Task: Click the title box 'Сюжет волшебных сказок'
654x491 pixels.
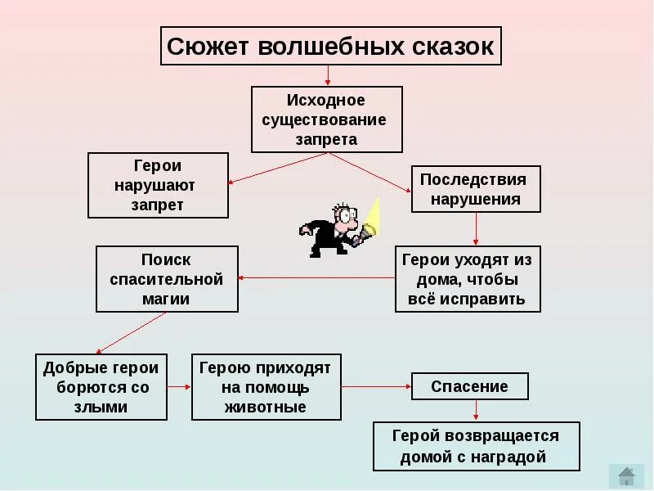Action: pos(329,46)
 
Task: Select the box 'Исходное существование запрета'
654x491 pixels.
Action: pos(326,119)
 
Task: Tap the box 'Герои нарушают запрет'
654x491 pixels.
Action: pos(157,185)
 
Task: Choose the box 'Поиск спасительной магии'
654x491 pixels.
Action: pos(167,279)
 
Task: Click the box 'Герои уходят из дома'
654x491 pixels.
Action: pos(468,279)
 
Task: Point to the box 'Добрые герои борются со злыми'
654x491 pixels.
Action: pos(101,386)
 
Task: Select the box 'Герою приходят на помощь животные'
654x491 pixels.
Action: pos(266,386)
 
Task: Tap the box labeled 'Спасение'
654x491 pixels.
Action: pos(469,386)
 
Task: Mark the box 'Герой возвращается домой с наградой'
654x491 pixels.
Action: pos(476,446)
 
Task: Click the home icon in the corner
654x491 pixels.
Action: pos(627,475)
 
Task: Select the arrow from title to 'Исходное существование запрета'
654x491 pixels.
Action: pos(328,75)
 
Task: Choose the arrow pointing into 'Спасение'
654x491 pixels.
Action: pos(376,386)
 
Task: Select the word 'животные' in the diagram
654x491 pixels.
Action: pos(266,407)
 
